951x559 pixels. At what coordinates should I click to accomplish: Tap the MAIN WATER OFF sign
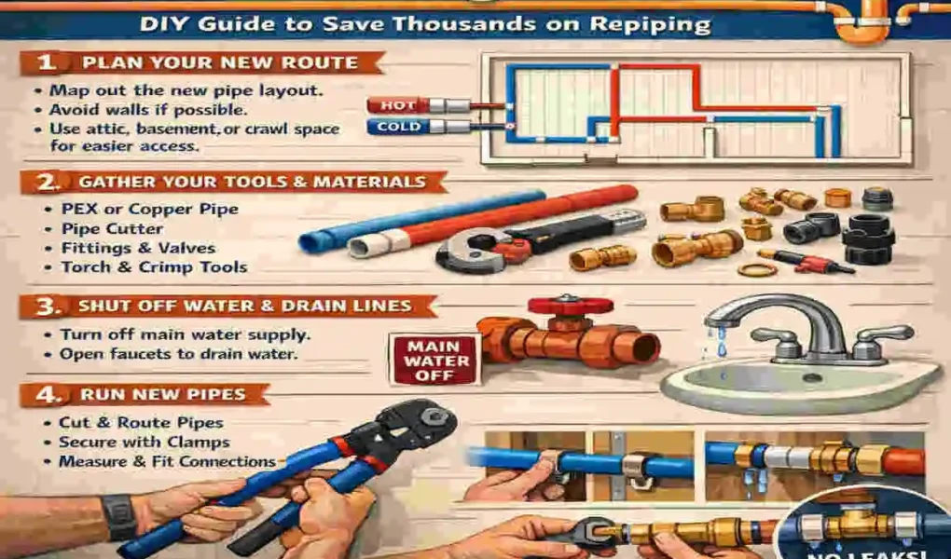(x=430, y=360)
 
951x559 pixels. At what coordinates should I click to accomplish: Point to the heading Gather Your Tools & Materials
(x=252, y=183)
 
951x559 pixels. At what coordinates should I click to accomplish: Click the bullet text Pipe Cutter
(x=112, y=228)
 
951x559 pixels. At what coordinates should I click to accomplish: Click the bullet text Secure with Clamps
(x=144, y=443)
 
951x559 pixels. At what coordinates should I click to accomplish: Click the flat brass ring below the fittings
(x=757, y=270)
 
